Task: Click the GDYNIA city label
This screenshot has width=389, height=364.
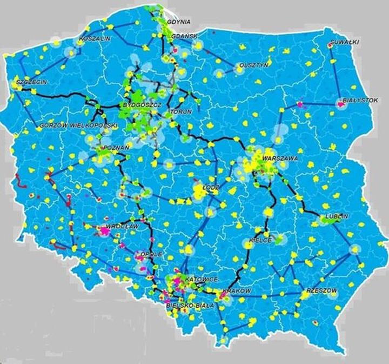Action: tap(179, 22)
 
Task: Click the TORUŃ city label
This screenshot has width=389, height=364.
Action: tap(179, 111)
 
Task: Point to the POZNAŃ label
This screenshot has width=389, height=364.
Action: tap(115, 148)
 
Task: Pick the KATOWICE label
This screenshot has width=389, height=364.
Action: tap(202, 279)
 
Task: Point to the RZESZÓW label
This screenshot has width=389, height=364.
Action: tap(321, 290)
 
